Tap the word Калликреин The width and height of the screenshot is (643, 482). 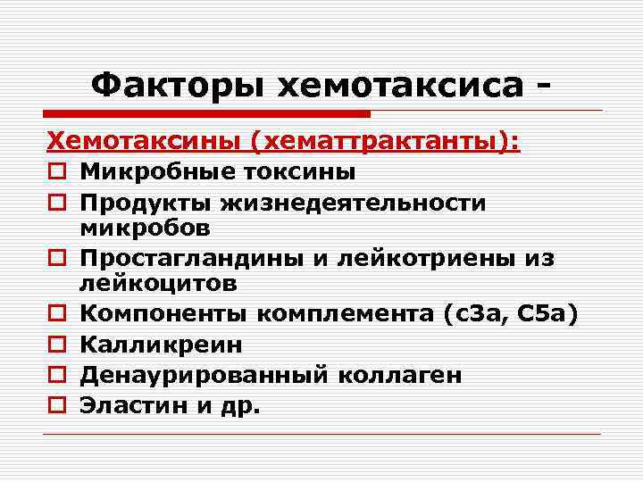coord(160,345)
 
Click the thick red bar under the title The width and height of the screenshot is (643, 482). coord(206,114)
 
